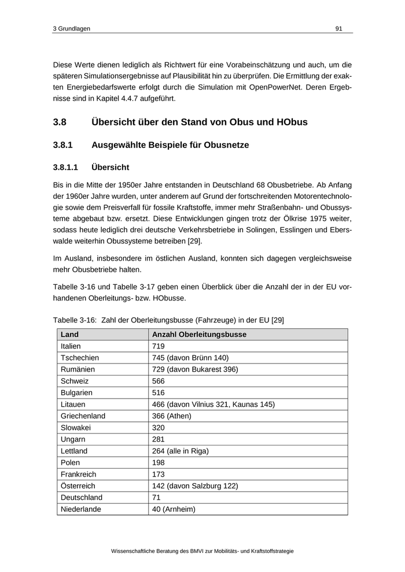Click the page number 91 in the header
pos(339,28)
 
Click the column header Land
pos(69,335)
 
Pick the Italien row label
pos(71,346)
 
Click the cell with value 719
pos(159,346)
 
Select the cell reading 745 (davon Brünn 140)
pos(190,358)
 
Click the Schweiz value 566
pos(159,381)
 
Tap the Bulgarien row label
pos(76,393)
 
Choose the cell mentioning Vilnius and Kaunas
pos(213,404)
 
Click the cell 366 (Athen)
pos(171,416)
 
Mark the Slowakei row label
pos(76,428)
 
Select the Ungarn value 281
pos(159,439)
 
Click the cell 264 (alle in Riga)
pos(180,451)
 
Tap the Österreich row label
pos(78,486)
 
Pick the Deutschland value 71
pos(156,497)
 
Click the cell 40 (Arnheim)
pos(174,509)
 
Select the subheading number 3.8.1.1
pos(67,168)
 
